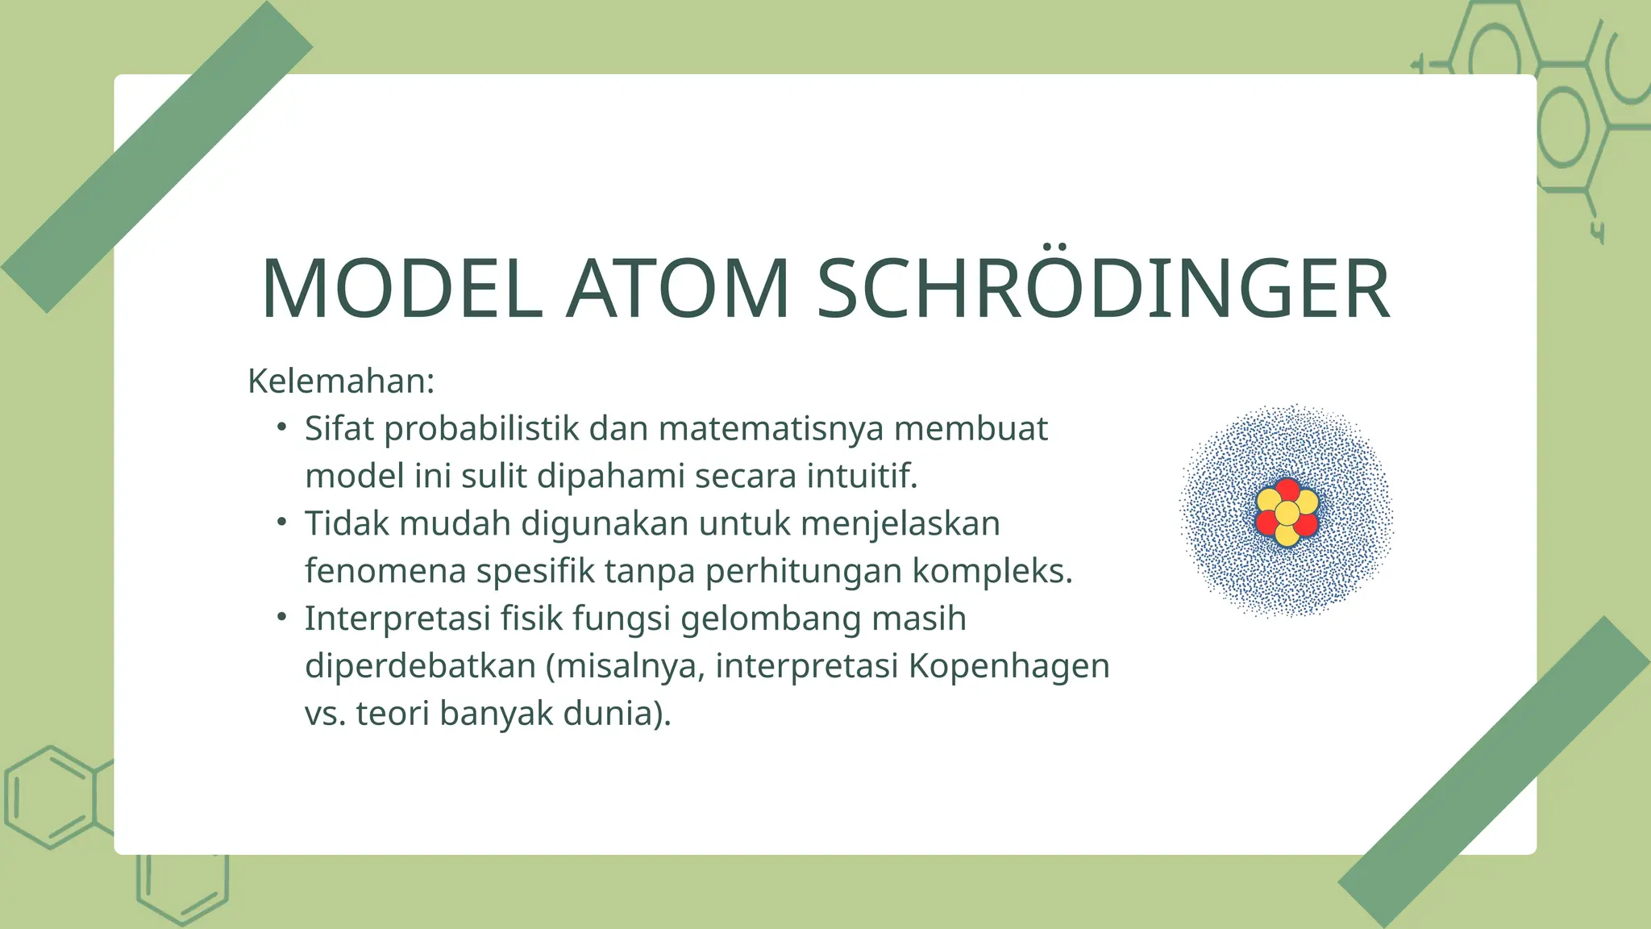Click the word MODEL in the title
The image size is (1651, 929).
coord(401,289)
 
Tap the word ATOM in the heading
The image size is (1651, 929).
coord(677,289)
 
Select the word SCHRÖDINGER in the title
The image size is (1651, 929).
coord(1103,287)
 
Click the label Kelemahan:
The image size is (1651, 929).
coord(341,381)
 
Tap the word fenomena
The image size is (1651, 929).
coord(385,571)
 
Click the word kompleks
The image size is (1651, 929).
coord(992,572)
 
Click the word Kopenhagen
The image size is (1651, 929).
coord(1009,667)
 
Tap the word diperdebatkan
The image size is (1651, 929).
coord(420,666)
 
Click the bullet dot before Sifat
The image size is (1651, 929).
coord(281,427)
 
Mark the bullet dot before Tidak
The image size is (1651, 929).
coord(281,523)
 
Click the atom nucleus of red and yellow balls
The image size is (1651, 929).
coord(1287,513)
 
